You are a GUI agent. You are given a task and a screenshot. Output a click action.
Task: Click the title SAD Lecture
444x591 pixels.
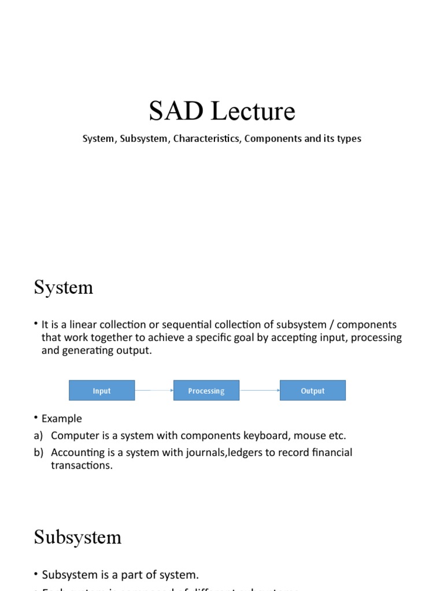pyautogui.click(x=222, y=111)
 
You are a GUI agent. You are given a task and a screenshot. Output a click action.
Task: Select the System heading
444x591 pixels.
pyautogui.click(x=63, y=287)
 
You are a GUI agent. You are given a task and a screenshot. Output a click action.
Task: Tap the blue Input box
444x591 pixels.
pyautogui.click(x=102, y=391)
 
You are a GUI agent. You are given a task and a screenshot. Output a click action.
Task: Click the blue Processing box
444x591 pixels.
pyautogui.click(x=206, y=391)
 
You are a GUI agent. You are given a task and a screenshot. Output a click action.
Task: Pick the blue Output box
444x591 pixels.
pyautogui.click(x=313, y=391)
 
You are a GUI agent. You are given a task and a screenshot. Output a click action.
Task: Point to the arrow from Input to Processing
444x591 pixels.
pyautogui.click(x=154, y=391)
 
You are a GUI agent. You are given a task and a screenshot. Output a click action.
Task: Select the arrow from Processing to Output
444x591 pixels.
pyautogui.click(x=260, y=391)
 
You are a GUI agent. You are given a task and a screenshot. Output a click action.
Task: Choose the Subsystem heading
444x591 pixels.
pyautogui.click(x=77, y=537)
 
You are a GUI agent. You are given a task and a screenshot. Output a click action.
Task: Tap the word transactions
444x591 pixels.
pyautogui.click(x=82, y=465)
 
